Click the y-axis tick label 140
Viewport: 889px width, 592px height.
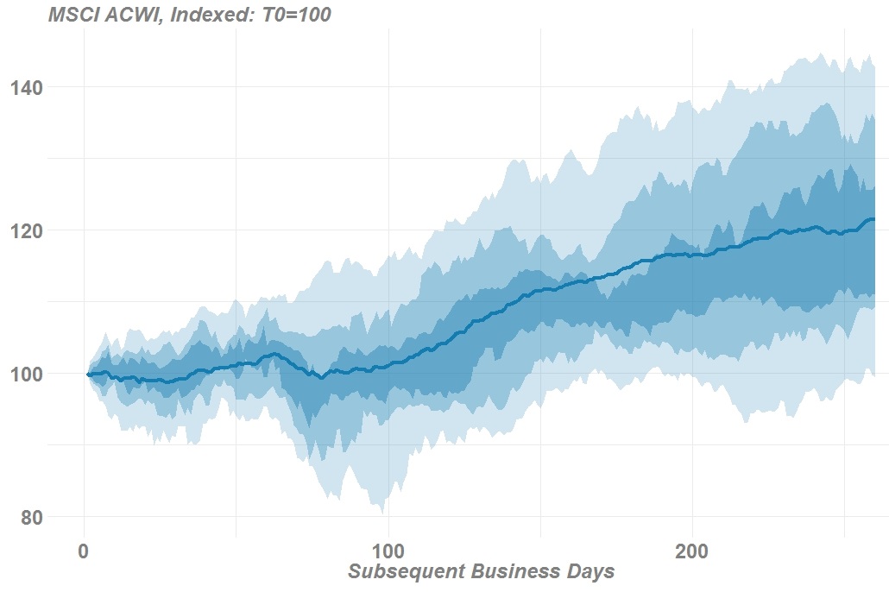coord(27,87)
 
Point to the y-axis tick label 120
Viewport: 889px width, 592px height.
coord(27,230)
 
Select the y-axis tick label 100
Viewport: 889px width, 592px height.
coord(27,374)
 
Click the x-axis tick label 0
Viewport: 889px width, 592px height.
coord(84,551)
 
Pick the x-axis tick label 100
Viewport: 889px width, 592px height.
coord(388,551)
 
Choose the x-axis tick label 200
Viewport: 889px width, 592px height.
coord(692,551)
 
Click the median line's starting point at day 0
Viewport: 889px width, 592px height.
coord(87,375)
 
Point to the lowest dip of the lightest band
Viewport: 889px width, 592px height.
coord(381,511)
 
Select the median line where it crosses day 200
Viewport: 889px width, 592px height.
coord(692,255)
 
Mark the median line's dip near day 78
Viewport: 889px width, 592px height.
coord(322,377)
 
